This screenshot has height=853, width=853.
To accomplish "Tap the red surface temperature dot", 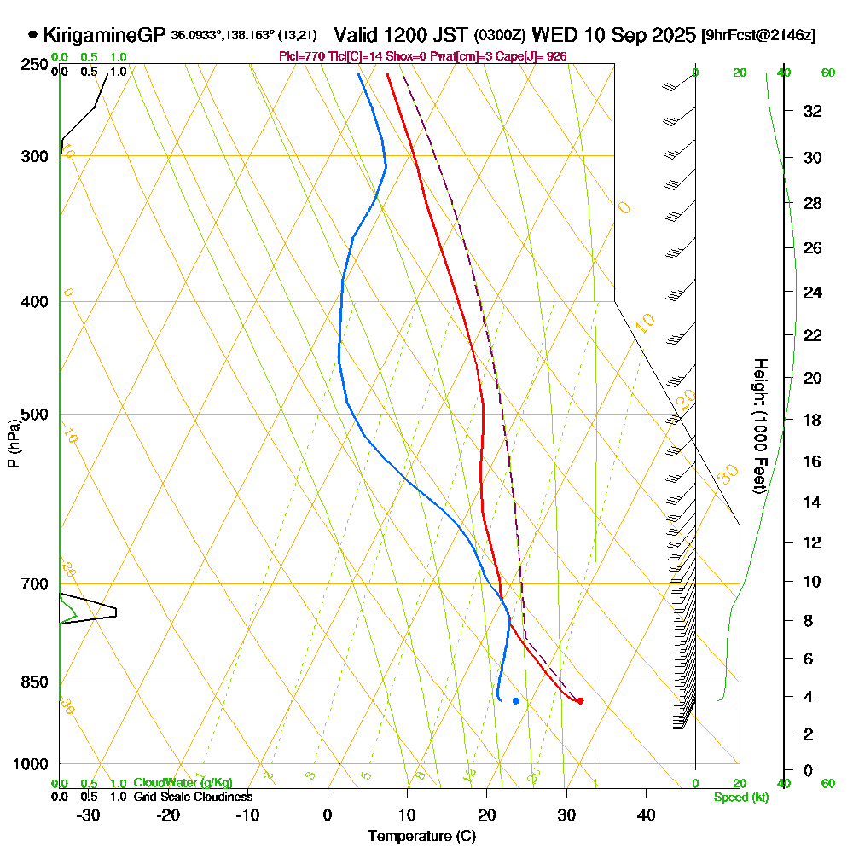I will (580, 701).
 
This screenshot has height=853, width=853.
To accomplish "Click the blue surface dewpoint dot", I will (516, 701).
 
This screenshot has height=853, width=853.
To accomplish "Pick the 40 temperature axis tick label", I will (646, 815).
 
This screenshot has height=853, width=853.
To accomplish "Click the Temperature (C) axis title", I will (421, 837).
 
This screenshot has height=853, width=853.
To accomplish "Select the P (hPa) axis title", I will (13, 443).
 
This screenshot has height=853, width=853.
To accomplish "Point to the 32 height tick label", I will (813, 111).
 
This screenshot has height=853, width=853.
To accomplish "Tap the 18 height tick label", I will (813, 420).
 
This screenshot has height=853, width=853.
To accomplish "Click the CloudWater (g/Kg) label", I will (183, 783).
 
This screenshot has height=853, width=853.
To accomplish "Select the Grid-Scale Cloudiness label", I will (192, 797).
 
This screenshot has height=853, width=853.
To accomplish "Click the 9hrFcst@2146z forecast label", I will (757, 36).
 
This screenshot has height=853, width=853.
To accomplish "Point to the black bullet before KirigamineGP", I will (32, 35).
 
